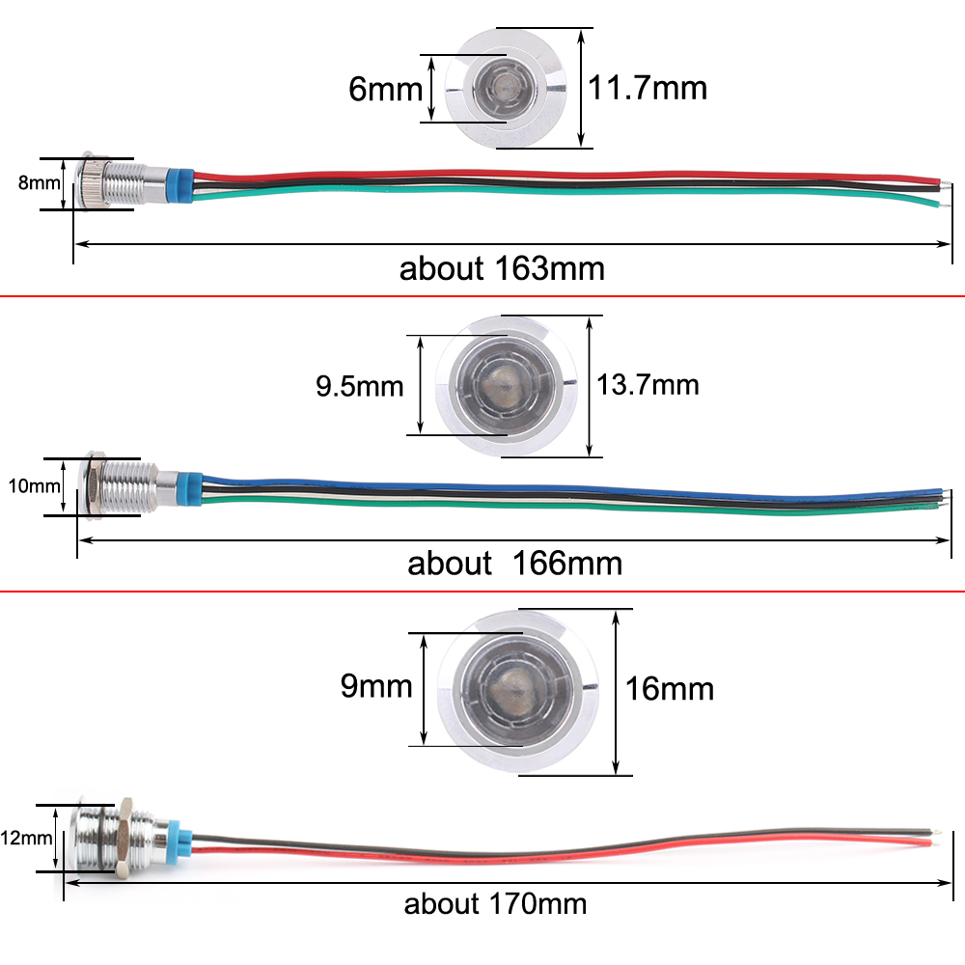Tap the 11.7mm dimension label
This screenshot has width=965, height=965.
point(648,88)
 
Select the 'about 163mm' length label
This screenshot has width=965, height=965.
point(502,267)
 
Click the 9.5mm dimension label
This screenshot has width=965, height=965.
point(359,387)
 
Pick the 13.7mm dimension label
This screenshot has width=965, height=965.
point(648,384)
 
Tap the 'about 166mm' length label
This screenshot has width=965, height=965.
point(514,563)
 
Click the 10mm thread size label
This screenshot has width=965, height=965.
point(34,485)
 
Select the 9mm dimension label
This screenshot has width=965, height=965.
point(375,686)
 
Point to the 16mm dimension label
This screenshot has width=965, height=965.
point(670,689)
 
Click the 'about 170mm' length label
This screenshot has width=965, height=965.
point(495,904)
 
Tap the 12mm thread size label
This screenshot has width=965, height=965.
point(26,838)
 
